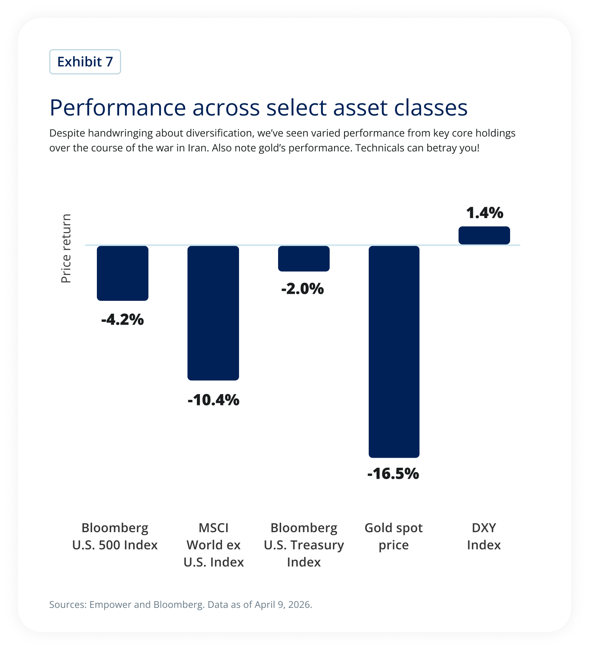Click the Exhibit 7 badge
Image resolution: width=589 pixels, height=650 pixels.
pos(85,62)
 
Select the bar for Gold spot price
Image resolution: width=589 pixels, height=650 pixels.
pos(394,351)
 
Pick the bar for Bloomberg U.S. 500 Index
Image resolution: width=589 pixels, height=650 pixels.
pos(123,273)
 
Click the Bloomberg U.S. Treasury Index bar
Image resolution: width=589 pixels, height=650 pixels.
pos(303,258)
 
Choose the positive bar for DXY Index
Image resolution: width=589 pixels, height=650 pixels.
pos(484,235)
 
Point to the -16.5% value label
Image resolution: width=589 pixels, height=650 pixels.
pos(393,474)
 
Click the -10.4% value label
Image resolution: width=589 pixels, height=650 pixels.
pos(213,400)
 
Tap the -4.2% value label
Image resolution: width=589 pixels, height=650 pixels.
pos(123,320)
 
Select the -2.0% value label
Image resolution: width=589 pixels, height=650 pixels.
pos(303,289)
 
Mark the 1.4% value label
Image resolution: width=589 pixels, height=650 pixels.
pos(484,213)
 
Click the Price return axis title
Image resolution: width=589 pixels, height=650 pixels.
pos(66,249)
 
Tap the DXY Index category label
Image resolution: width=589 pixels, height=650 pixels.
pos(484,536)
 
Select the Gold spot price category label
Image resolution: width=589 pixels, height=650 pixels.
pos(393,536)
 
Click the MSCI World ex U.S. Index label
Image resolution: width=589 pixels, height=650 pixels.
pos(213,545)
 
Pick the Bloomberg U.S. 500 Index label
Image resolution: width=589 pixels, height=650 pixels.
pos(115,536)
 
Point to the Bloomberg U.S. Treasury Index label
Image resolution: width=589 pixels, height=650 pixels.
pos(303,545)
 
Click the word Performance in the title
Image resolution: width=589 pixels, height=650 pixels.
pos(118,108)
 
